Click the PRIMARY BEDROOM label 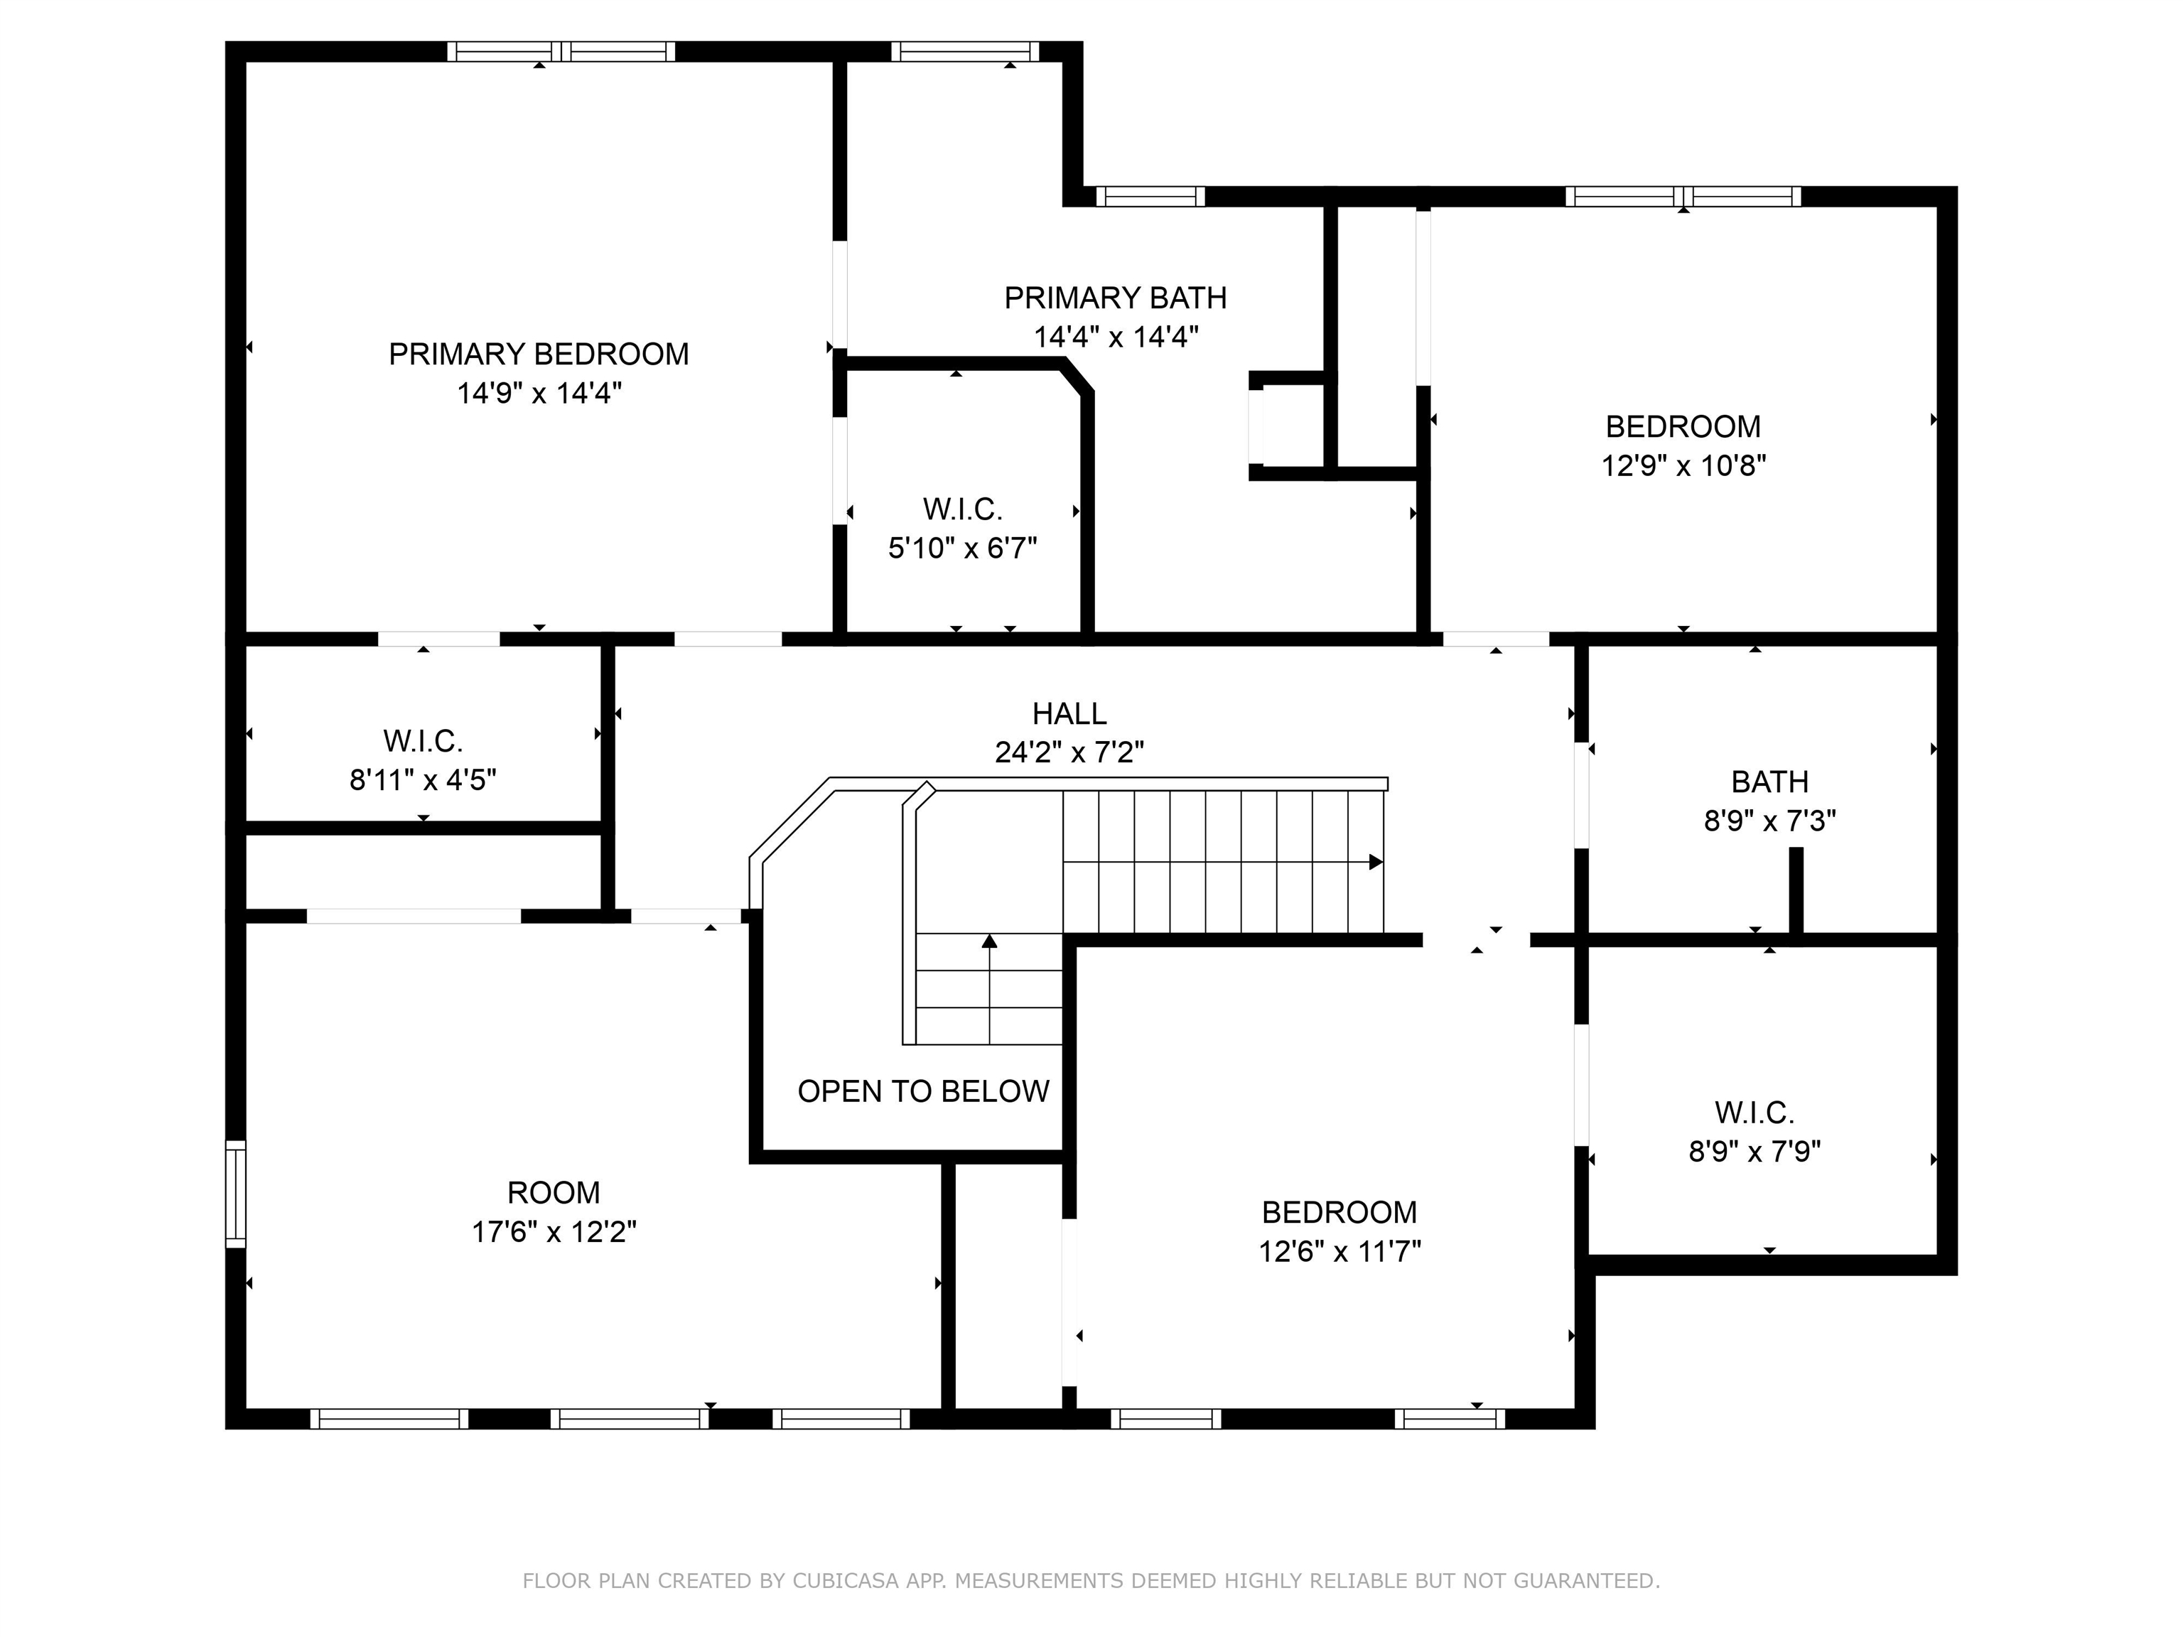tap(539, 355)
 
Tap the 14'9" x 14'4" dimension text tap(539, 394)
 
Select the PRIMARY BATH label tap(1115, 298)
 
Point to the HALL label tap(1069, 713)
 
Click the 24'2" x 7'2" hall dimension tap(1069, 753)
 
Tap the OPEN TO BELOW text tap(923, 1091)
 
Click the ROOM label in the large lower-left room tap(554, 1193)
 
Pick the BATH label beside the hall tap(1769, 782)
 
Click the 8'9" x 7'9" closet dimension tap(1755, 1152)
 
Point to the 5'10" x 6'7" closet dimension tap(962, 548)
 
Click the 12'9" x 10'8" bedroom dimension tap(1683, 466)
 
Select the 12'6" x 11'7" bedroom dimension tap(1340, 1252)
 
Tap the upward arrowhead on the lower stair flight tap(989, 941)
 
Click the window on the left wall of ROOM tap(236, 1194)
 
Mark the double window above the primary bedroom tap(561, 51)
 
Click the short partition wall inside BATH tap(1796, 891)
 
